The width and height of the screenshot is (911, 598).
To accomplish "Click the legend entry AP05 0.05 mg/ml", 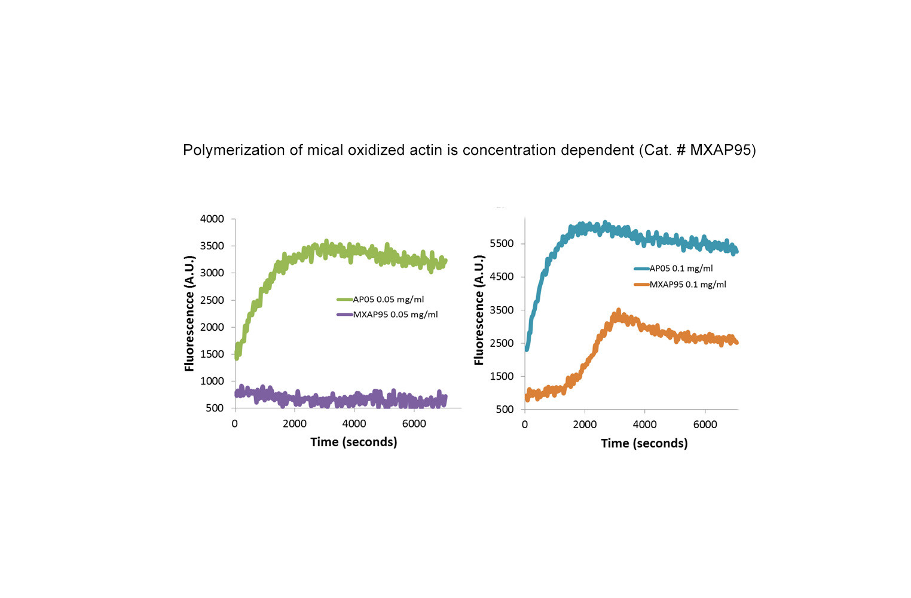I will tap(388, 299).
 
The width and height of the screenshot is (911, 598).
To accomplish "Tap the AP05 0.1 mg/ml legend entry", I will tap(681, 269).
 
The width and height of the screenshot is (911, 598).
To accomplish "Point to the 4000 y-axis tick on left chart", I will tap(212, 219).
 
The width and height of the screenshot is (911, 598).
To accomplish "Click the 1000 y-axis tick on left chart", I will tap(212, 381).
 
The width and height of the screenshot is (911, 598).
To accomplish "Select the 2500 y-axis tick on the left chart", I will tap(212, 300).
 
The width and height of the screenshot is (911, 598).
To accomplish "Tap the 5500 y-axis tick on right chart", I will tap(502, 244).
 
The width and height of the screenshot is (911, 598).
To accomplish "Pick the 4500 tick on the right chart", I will tap(502, 277).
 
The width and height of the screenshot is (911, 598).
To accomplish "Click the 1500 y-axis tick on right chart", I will tap(502, 376).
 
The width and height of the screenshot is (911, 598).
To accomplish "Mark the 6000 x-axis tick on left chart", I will tap(414, 424).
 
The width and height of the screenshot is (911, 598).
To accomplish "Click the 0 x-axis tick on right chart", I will tap(525, 425).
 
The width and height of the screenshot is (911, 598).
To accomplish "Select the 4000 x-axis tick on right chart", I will tap(644, 425).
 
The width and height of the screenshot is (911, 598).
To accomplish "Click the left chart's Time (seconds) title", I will tap(353, 442).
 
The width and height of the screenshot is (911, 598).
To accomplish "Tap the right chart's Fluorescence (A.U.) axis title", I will tap(479, 310).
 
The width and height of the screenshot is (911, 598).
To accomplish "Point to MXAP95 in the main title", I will tap(720, 150).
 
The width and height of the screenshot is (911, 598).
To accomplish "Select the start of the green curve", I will tap(236, 356).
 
